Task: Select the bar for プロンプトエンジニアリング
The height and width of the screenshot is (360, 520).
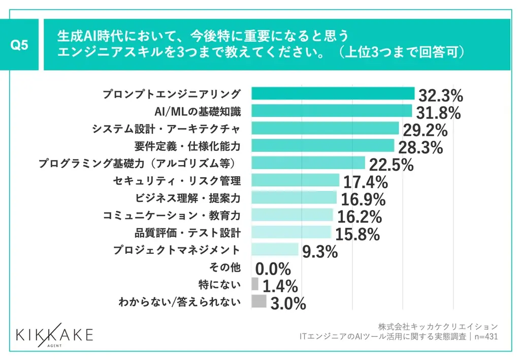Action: click(333, 93)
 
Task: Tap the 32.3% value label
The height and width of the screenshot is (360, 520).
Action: click(440, 95)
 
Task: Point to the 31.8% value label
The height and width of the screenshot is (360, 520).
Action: click(438, 113)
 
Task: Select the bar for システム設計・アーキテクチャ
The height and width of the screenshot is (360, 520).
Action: click(325, 128)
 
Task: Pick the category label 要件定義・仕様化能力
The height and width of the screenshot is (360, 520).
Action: click(187, 146)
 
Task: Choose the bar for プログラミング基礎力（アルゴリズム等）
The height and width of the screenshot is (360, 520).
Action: click(308, 162)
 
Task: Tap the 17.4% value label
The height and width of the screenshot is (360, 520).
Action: click(366, 182)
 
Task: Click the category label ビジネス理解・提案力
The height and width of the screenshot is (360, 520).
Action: click(187, 198)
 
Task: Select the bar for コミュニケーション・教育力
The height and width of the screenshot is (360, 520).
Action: click(292, 215)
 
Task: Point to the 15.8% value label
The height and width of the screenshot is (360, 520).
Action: click(357, 234)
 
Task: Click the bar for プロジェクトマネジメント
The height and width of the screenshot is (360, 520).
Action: click(275, 249)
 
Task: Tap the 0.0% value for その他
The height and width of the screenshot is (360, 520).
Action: click(273, 269)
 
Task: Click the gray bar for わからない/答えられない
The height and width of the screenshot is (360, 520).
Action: click(258, 301)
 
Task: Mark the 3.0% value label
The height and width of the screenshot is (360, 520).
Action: click(288, 303)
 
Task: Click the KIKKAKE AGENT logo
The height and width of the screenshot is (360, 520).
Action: click(54, 336)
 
